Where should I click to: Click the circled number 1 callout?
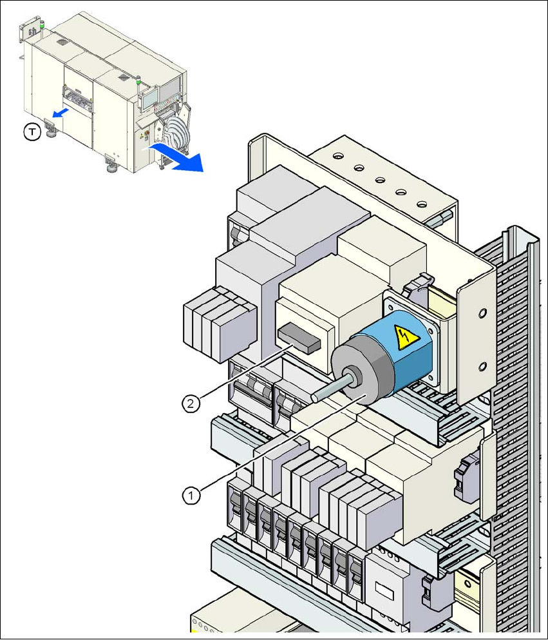click(x=190, y=495)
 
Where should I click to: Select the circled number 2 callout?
click(x=189, y=404)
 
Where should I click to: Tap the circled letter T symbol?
click(x=31, y=133)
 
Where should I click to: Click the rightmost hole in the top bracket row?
click(x=421, y=204)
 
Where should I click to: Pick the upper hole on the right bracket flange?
click(x=480, y=315)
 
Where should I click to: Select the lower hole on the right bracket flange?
click(x=480, y=367)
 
